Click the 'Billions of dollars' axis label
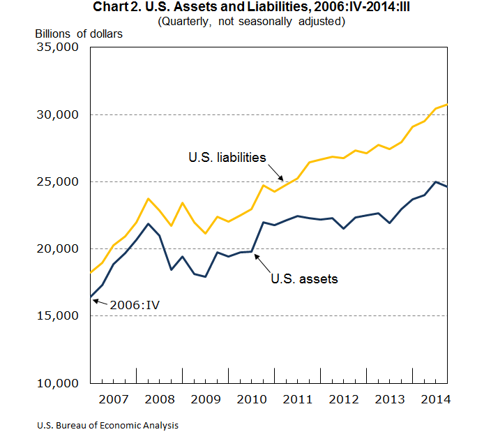(x=79, y=33)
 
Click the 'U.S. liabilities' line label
(x=227, y=157)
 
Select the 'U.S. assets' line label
(x=304, y=278)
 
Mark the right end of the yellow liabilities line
(x=446, y=105)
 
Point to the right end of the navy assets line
(x=446, y=186)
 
